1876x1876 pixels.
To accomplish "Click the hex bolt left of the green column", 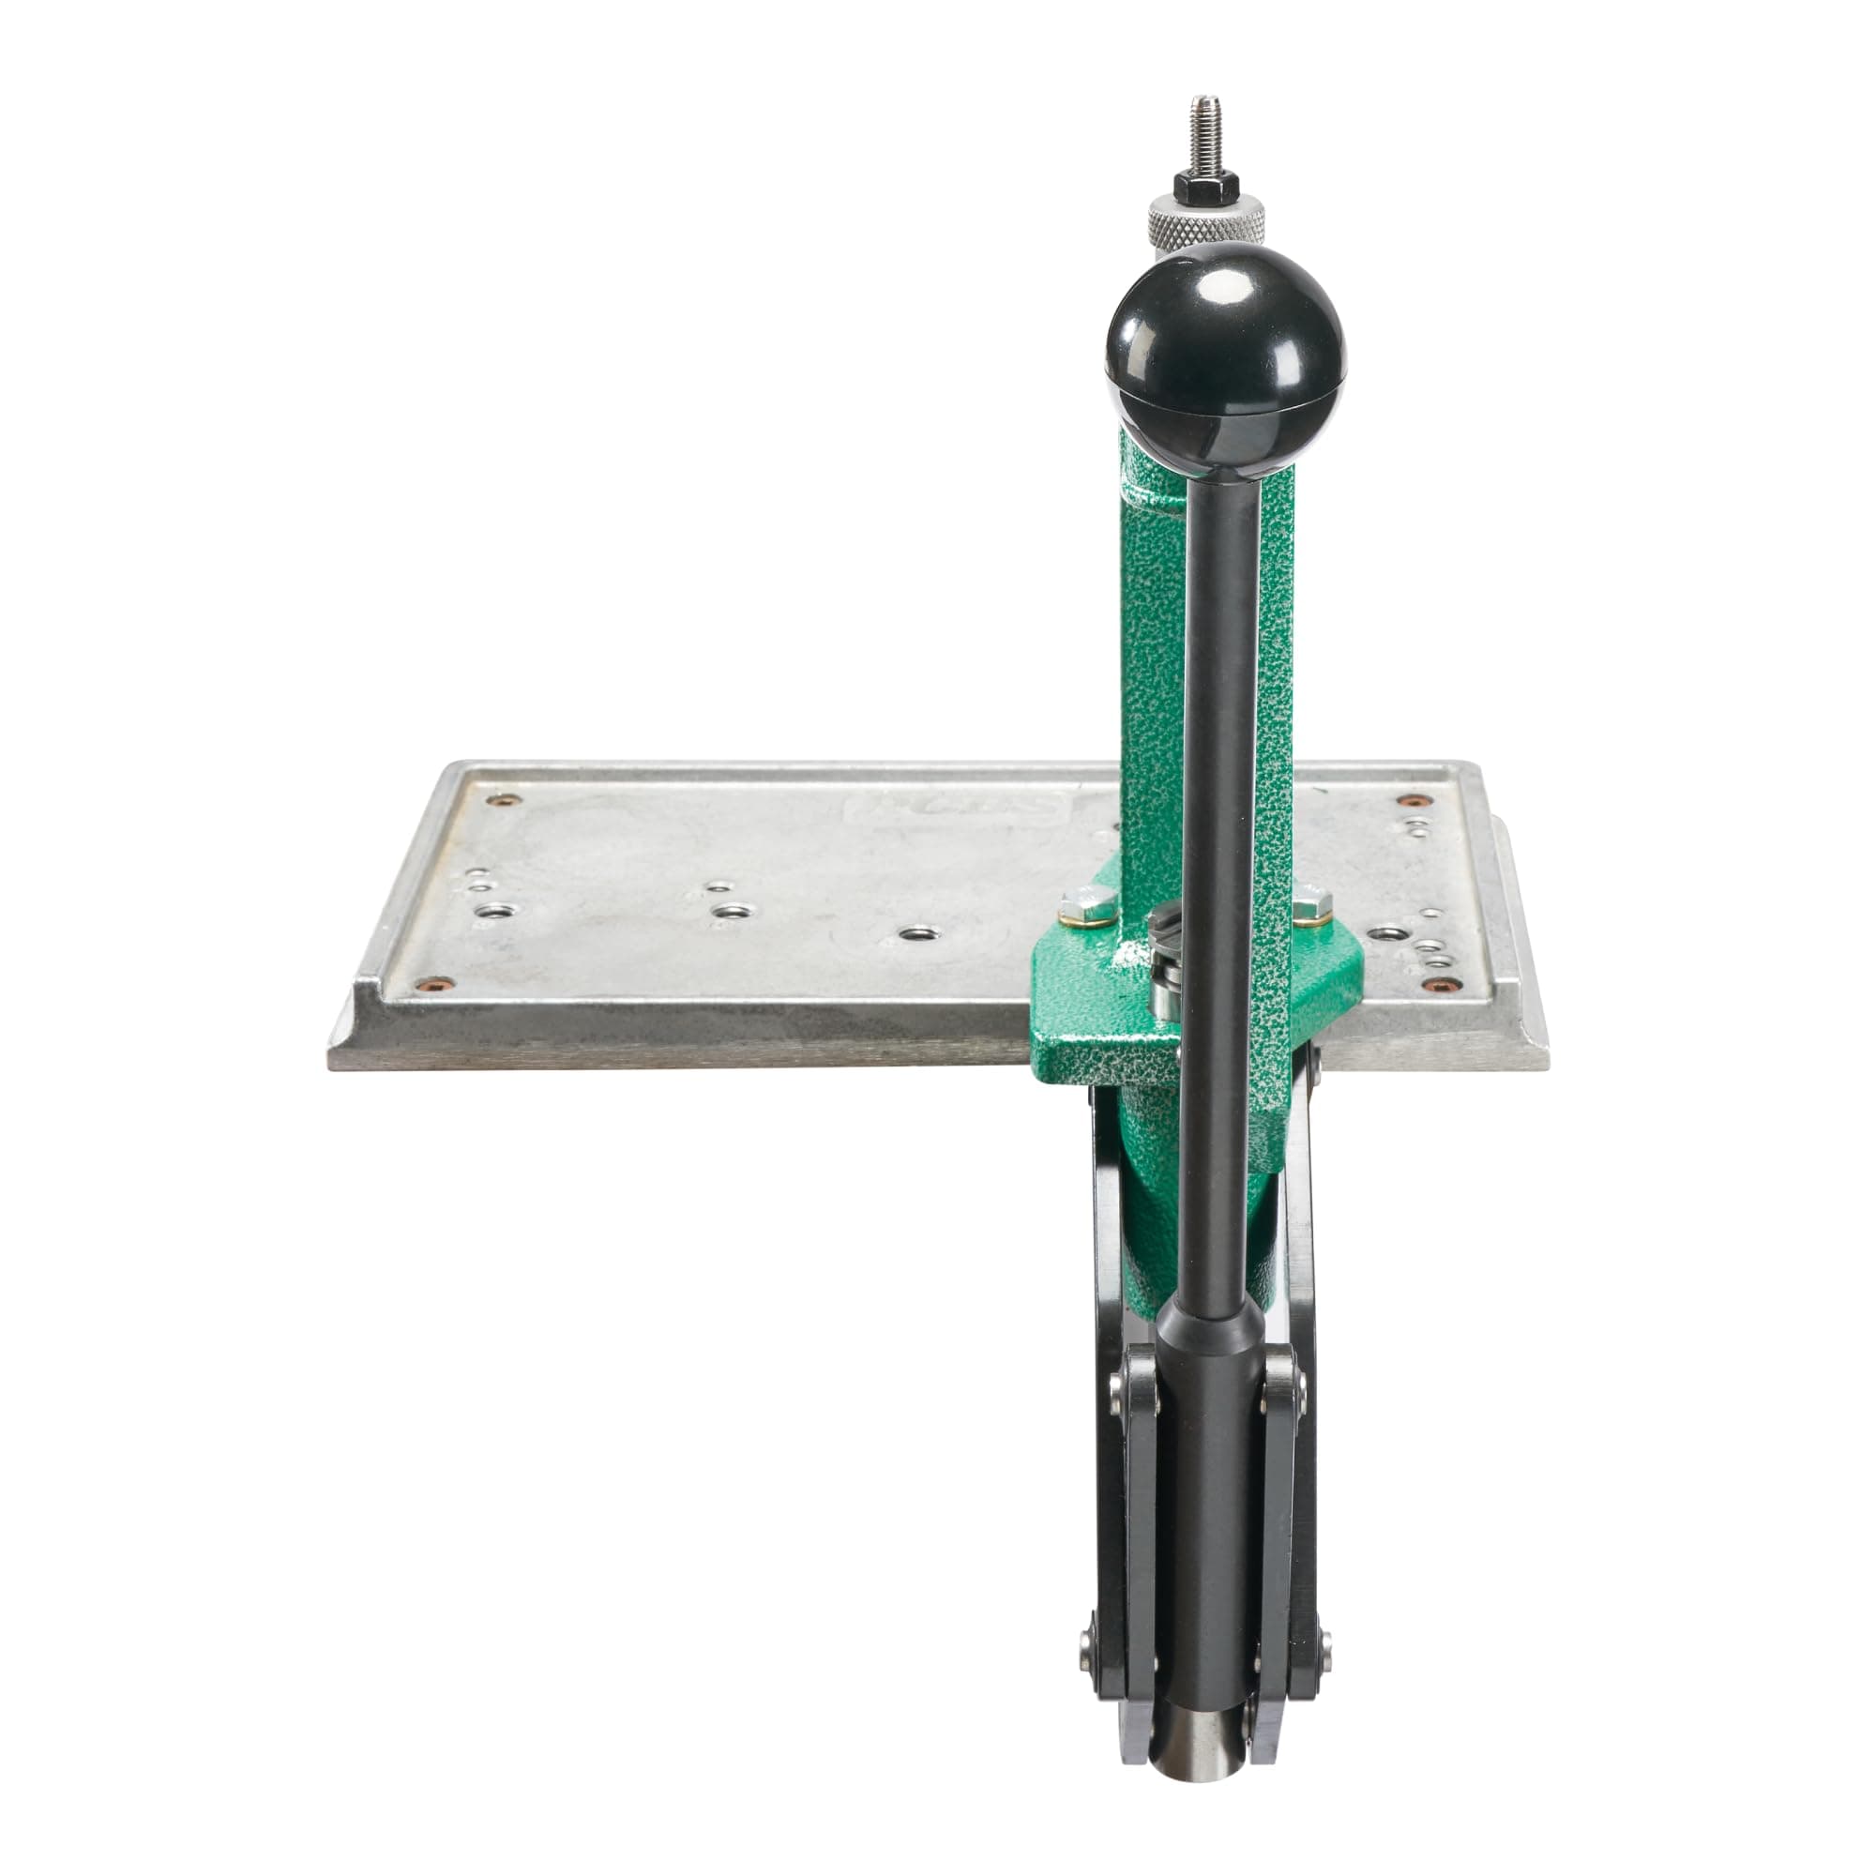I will tap(1082, 901).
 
